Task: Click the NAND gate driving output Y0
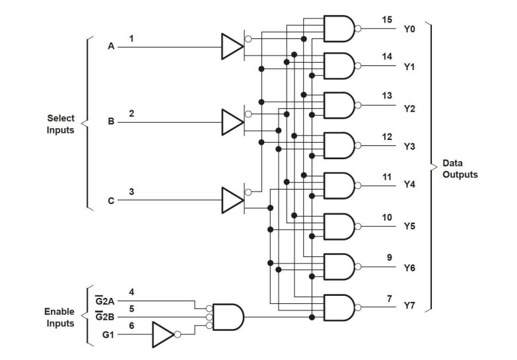(338, 28)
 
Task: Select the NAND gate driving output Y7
(338, 307)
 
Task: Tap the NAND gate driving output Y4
(338, 186)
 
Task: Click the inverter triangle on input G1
(162, 334)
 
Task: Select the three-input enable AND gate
(228, 317)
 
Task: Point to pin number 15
(388, 20)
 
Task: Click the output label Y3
(409, 147)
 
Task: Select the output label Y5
(409, 227)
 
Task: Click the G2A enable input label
(106, 301)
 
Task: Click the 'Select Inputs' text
(61, 124)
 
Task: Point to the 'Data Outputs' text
(460, 169)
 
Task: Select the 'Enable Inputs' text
(59, 317)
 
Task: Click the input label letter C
(110, 199)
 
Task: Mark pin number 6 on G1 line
(131, 326)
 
